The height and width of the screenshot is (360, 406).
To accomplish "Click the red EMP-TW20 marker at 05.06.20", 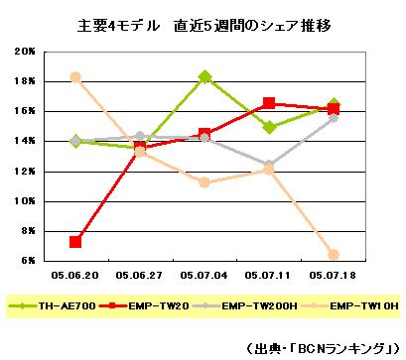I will (x=75, y=241).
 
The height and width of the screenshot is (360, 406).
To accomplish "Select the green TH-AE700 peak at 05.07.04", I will (x=204, y=77).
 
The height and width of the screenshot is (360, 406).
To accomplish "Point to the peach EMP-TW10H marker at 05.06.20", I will (x=75, y=76).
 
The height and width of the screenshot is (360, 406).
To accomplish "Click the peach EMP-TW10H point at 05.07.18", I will (x=334, y=255).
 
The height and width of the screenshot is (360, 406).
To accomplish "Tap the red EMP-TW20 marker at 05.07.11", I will (x=269, y=103).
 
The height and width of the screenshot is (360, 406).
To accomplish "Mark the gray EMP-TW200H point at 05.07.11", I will (x=269, y=165).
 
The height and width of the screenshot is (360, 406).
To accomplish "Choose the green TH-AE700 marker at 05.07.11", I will (x=269, y=127).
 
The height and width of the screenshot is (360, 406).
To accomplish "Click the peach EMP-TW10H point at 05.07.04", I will (x=204, y=182).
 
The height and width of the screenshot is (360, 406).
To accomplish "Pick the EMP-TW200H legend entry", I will (x=253, y=307).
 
